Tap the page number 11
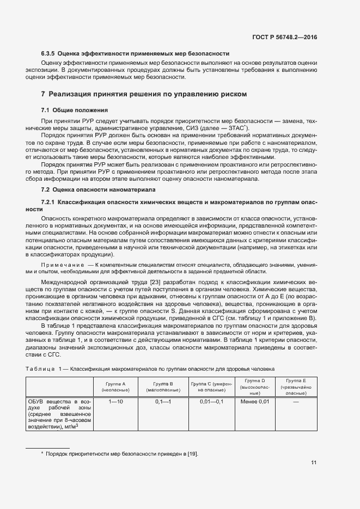point(314,463)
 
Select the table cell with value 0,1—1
point(163,401)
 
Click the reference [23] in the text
point(140,282)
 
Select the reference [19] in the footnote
point(193,453)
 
